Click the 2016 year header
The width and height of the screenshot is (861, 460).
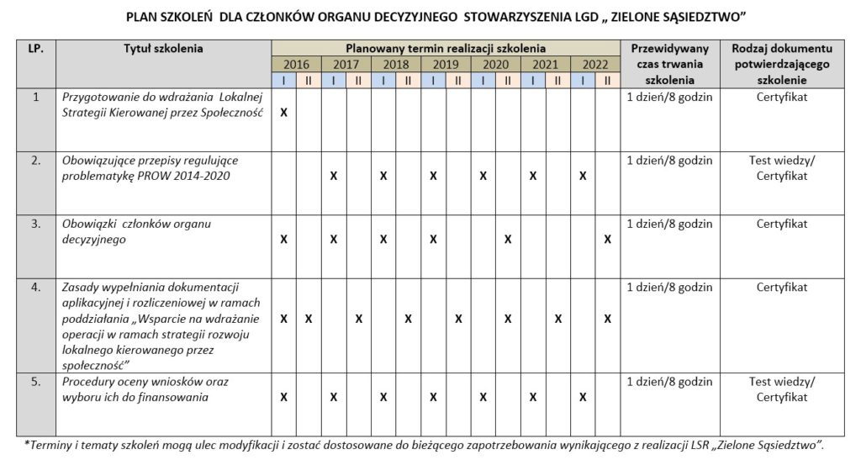tap(296, 65)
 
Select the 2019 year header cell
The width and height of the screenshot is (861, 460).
tap(446, 65)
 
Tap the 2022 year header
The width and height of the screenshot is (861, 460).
tap(594, 65)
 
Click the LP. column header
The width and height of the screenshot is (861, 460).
tap(35, 49)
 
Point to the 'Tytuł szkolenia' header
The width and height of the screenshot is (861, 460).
tap(163, 49)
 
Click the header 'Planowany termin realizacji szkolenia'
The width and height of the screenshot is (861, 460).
tap(446, 49)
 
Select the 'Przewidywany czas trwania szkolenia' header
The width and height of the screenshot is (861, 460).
tap(670, 64)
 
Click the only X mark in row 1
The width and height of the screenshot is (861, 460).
tap(283, 112)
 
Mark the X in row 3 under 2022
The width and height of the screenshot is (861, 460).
tap(607, 240)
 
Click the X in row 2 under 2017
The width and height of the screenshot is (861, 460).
tap(334, 176)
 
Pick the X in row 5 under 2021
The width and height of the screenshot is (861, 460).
tap(532, 396)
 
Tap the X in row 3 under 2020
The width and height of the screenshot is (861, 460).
tap(508, 240)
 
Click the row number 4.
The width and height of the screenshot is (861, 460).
tap(36, 287)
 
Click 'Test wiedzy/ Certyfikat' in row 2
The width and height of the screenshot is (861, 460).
tap(782, 167)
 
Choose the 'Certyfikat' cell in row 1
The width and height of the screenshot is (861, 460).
tap(782, 97)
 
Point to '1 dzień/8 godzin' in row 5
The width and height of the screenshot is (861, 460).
tap(670, 381)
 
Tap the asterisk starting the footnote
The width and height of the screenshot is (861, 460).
tap(27, 443)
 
